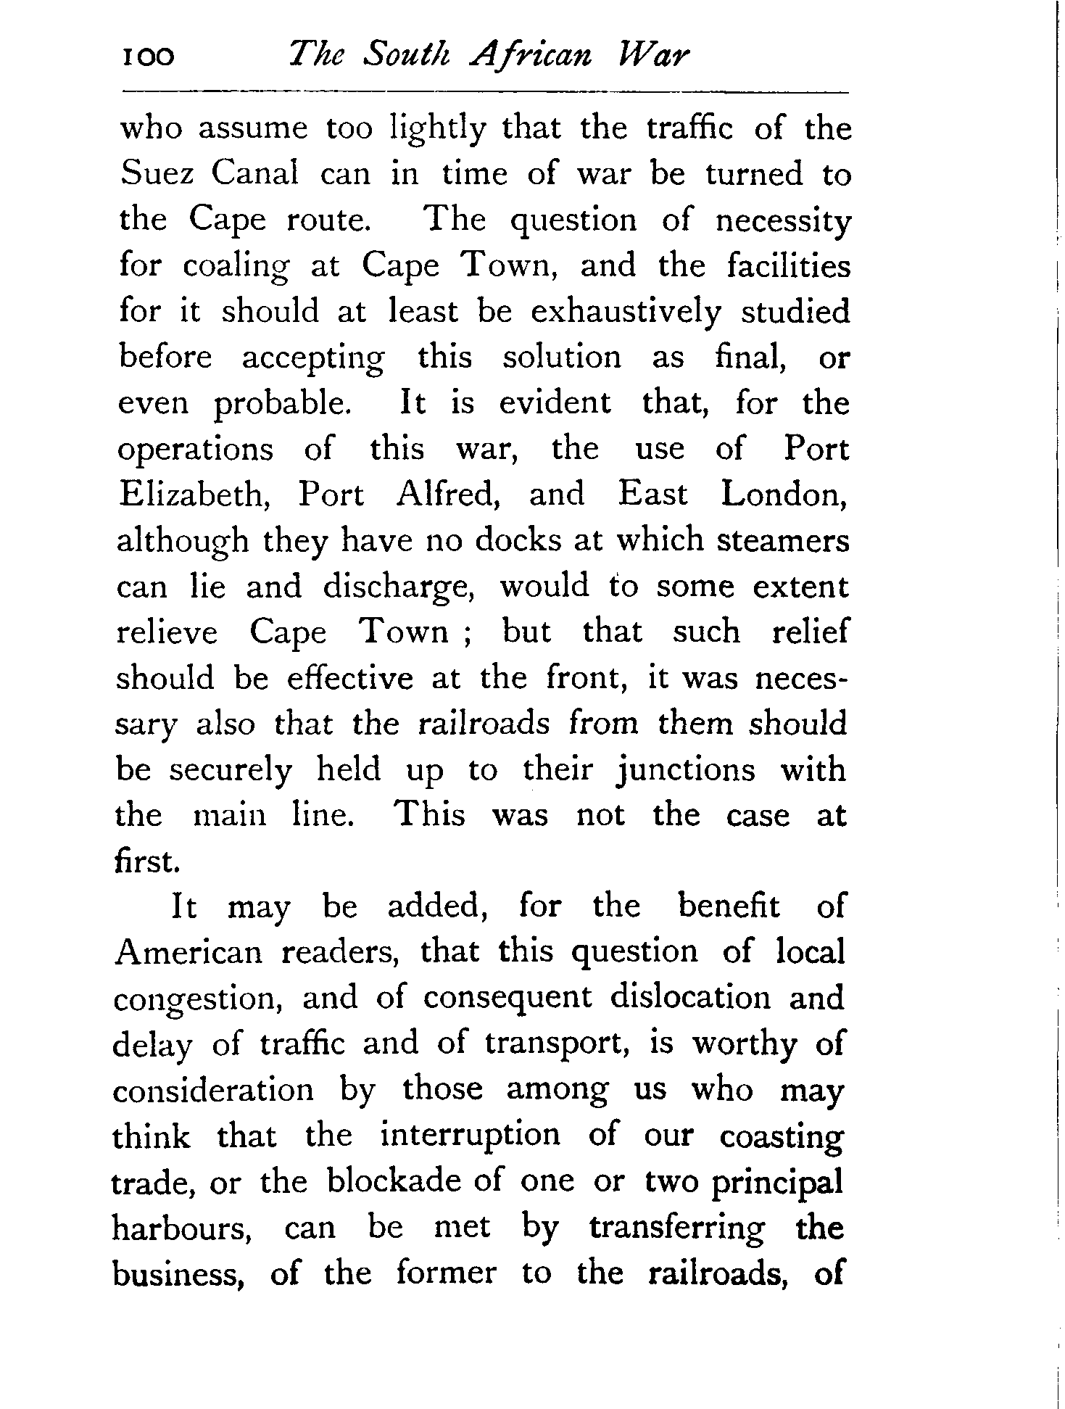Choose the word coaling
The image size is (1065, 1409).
pos(235,268)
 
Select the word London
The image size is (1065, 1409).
pos(784,495)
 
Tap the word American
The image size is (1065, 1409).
pos(188,952)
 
